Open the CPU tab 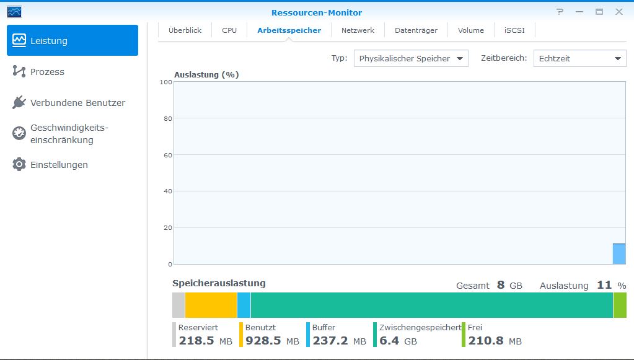(x=229, y=30)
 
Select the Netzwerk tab (x=358, y=30)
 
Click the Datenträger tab (x=416, y=30)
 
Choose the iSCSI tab (x=514, y=30)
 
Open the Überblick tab (x=185, y=30)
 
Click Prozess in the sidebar (x=47, y=72)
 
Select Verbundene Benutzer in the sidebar (x=77, y=103)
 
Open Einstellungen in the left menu (x=59, y=165)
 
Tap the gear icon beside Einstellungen (x=19, y=164)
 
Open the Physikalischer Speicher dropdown (x=411, y=59)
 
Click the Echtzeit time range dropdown (x=580, y=59)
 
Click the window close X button (x=619, y=12)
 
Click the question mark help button (x=560, y=12)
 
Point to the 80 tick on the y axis (x=168, y=119)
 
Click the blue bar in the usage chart (x=619, y=254)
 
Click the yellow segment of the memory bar (x=211, y=305)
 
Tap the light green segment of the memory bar (x=620, y=305)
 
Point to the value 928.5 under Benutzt (x=263, y=341)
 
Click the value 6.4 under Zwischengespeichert (x=389, y=341)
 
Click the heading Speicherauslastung (x=219, y=283)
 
